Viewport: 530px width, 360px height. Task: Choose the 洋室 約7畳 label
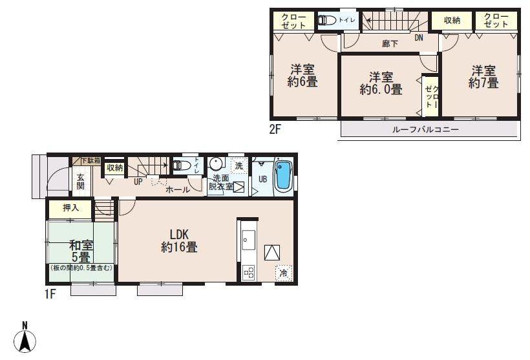(x=483, y=77)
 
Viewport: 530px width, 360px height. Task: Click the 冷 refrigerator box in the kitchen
(x=283, y=273)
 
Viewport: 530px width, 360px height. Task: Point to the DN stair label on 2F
(x=419, y=37)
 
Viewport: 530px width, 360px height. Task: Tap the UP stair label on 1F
(x=138, y=182)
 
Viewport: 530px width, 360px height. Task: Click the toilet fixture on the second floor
(x=326, y=21)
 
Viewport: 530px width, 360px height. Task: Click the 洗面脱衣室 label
(x=220, y=182)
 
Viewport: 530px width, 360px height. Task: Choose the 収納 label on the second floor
(x=452, y=21)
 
